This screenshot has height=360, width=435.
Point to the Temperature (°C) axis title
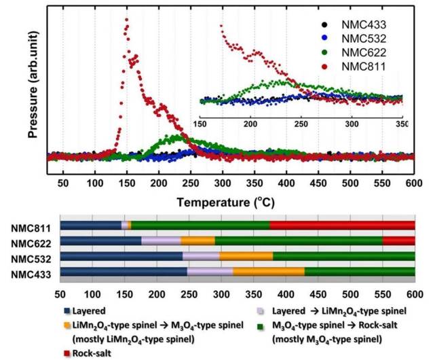coord(224,202)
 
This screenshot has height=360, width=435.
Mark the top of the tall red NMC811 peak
coord(126,20)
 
